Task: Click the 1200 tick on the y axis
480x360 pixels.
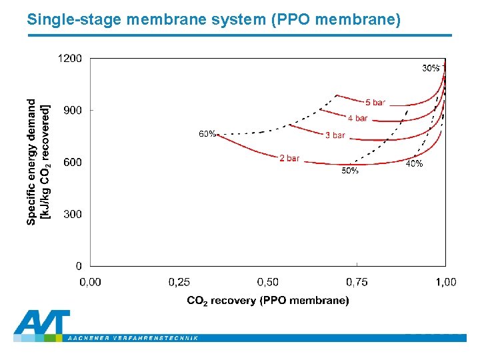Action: (x=70, y=59)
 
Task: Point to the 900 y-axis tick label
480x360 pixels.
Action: (x=73, y=111)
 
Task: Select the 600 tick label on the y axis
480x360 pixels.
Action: (x=73, y=162)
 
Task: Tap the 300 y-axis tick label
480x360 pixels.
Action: (x=73, y=214)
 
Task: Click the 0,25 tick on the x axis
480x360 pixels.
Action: (x=179, y=282)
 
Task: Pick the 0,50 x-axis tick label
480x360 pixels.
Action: (x=268, y=282)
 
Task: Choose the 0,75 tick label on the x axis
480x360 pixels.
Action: (x=357, y=282)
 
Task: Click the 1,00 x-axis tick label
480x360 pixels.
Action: (x=445, y=282)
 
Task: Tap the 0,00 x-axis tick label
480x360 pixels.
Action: (x=91, y=282)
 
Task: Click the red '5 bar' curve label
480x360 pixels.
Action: (x=375, y=102)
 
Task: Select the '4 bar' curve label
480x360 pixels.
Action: (x=357, y=118)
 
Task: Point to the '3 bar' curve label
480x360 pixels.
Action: (x=335, y=135)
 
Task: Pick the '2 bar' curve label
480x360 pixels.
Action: (x=289, y=158)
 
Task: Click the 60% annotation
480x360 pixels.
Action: (x=207, y=134)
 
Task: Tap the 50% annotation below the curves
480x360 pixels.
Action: (x=350, y=171)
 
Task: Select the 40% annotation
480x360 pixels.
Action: (x=414, y=164)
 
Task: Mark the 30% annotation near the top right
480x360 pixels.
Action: (x=431, y=68)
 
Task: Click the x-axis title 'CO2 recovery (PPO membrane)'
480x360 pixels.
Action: (x=267, y=301)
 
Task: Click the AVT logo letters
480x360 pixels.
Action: (x=41, y=324)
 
